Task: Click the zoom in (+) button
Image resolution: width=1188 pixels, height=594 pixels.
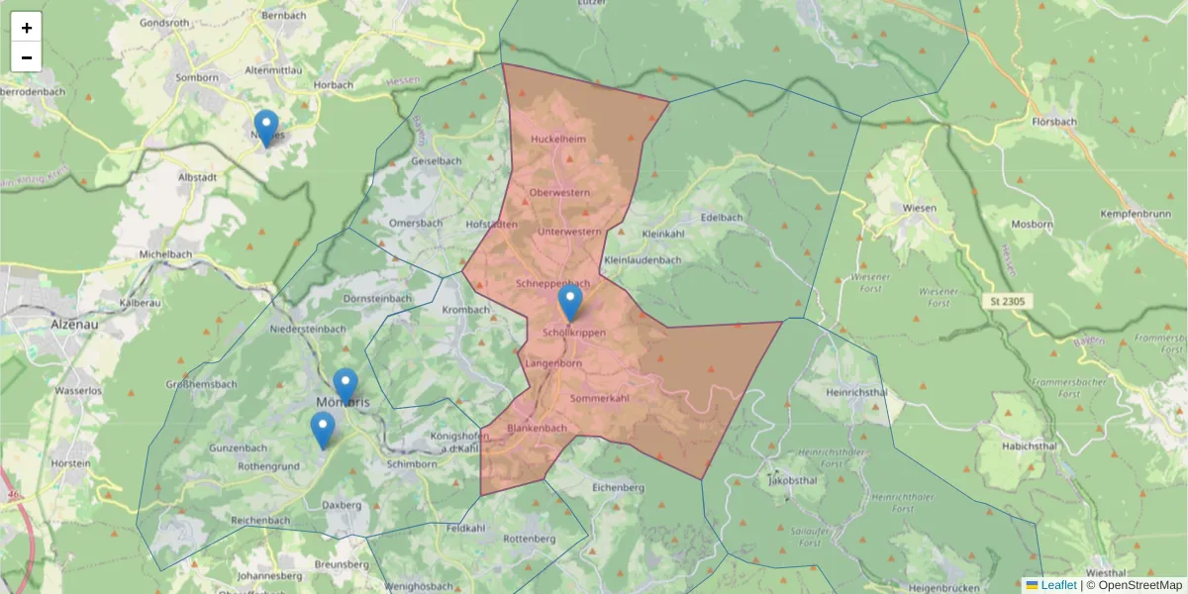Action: coord(27,28)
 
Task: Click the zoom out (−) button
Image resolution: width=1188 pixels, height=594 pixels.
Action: coord(27,57)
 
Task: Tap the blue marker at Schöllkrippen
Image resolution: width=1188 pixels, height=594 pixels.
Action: coord(570,302)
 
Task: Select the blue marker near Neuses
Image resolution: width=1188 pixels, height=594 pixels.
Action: coord(265,127)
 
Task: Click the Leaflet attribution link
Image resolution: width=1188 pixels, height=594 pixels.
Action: coord(1057,585)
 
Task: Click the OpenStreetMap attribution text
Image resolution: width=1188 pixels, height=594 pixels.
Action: coord(1139,585)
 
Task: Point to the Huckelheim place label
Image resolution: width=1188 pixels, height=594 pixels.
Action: coord(558,140)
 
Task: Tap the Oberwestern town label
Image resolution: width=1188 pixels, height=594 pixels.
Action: coord(559,192)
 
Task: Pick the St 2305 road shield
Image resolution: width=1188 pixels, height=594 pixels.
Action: coord(1006,299)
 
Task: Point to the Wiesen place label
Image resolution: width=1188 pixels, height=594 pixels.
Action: coord(920,208)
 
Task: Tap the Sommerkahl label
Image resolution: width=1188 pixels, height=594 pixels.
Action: coord(600,398)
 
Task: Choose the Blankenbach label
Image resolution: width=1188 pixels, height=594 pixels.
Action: coord(537,429)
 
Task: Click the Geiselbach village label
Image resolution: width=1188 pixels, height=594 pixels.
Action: coord(436,160)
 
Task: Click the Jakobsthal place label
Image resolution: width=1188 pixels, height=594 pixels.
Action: coord(792,480)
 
